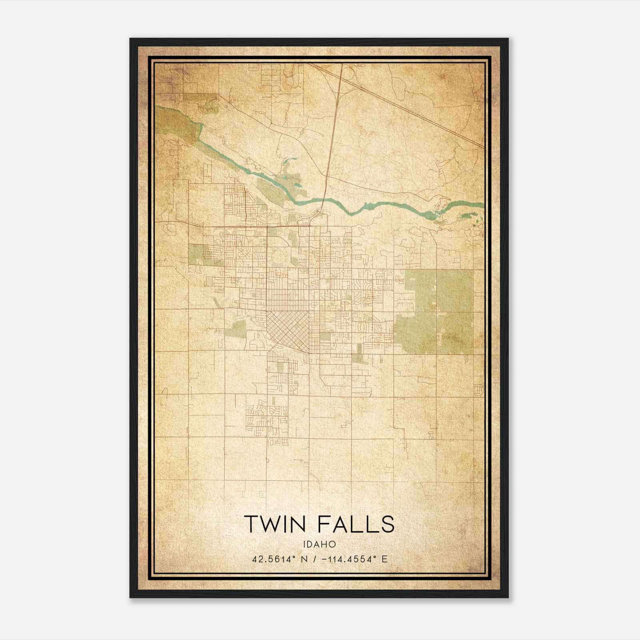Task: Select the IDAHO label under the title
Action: pyautogui.click(x=319, y=544)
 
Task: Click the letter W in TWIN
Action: pyautogui.click(x=268, y=524)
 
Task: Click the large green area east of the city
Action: pyautogui.click(x=438, y=312)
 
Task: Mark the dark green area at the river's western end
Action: pyautogui.click(x=176, y=122)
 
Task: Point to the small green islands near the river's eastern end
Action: pyautogui.click(x=470, y=218)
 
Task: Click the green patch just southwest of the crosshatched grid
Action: pyautogui.click(x=236, y=329)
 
